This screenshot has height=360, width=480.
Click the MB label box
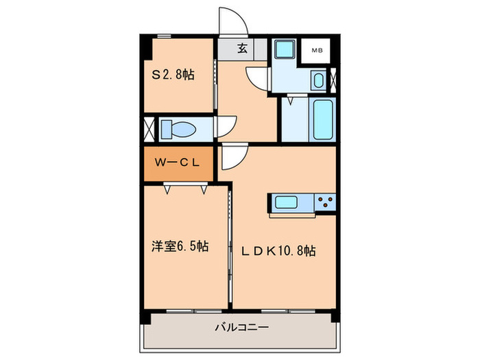[315, 51]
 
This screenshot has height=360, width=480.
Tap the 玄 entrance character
[243, 49]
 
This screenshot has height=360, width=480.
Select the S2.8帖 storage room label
[173, 74]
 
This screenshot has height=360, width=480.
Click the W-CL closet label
[177, 163]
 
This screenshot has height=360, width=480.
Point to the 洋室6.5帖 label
[180, 245]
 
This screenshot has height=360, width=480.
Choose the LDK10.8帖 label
[278, 251]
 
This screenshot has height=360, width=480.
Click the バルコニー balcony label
[242, 327]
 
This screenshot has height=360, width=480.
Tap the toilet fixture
[178, 129]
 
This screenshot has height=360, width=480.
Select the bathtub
[323, 119]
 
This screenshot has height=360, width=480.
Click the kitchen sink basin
[286, 202]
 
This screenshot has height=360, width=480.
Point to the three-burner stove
[325, 202]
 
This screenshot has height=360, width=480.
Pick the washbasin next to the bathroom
[319, 80]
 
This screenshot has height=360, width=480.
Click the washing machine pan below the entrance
[285, 49]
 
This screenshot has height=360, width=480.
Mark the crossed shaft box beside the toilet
[149, 129]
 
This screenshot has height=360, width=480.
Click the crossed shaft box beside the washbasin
[333, 80]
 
